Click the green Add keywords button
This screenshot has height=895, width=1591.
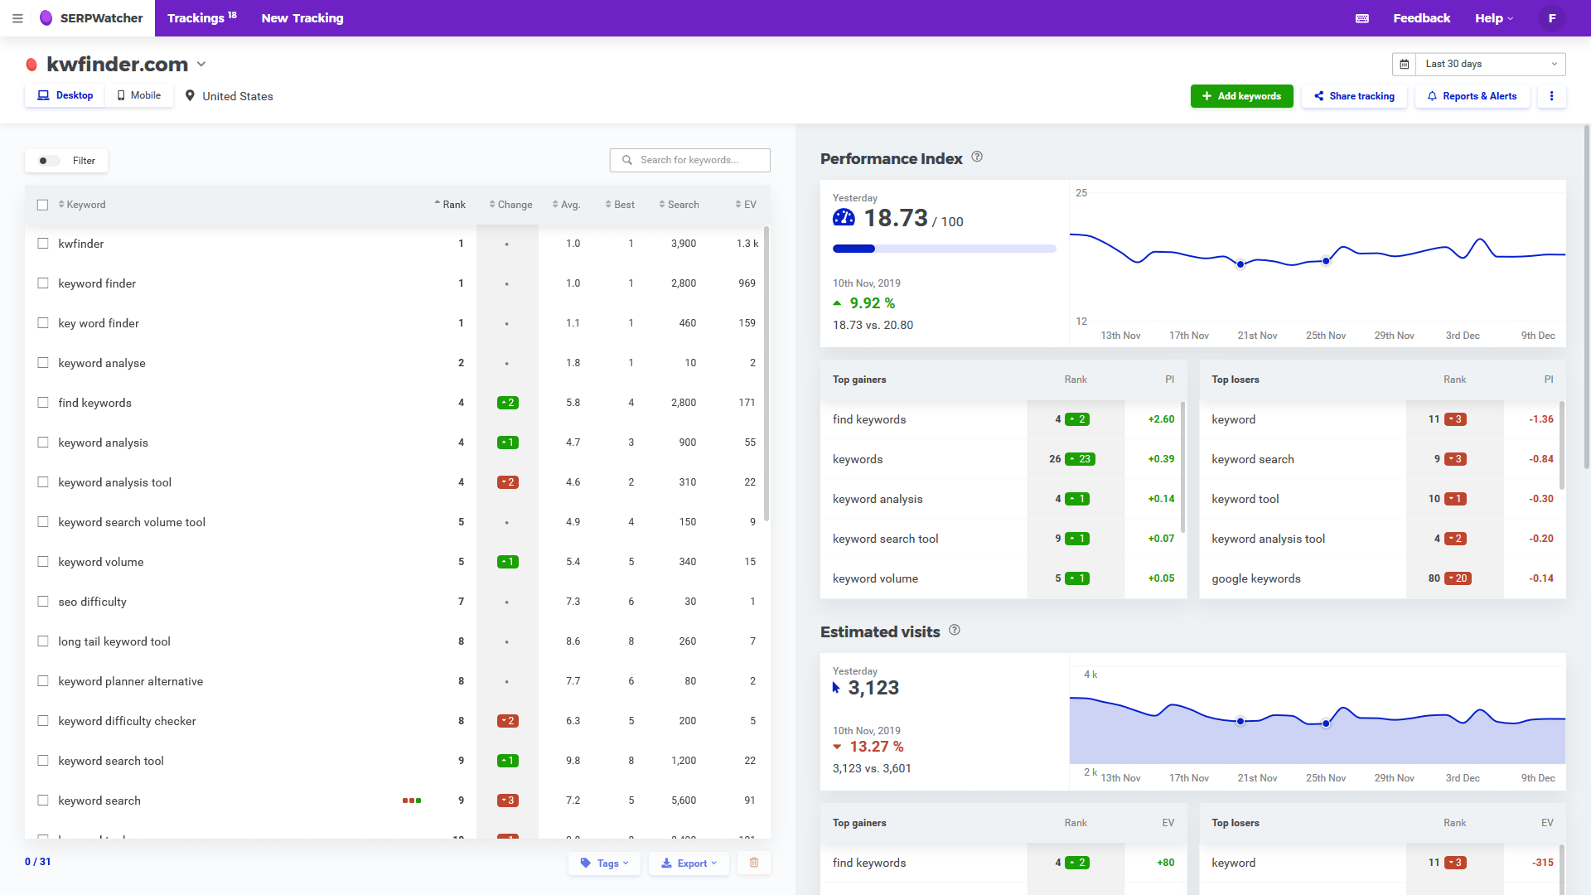[1241, 96]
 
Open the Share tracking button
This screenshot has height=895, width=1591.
[1354, 96]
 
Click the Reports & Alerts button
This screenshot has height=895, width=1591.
[1472, 96]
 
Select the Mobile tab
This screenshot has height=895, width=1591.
[139, 95]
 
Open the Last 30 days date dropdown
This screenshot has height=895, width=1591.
[1479, 64]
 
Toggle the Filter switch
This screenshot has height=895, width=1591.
[49, 161]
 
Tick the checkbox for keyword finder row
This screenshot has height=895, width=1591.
[43, 283]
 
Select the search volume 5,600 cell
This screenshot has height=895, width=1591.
[684, 801]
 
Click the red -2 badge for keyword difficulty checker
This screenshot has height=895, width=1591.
[507, 721]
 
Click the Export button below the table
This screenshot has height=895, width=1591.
[689, 863]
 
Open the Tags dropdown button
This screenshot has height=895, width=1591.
[605, 863]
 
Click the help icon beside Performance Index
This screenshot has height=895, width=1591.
[977, 157]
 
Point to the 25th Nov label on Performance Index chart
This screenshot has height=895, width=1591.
[1325, 336]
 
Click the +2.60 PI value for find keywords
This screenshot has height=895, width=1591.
[1160, 419]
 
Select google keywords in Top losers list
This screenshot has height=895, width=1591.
[1255, 578]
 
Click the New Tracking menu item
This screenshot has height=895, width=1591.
[302, 18]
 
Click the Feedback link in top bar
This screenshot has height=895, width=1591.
[1421, 18]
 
